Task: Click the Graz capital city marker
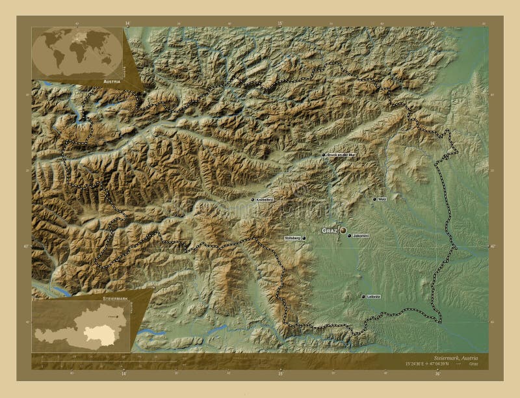pyautogui.click(x=343, y=230)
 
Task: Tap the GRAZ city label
pyautogui.click(x=330, y=231)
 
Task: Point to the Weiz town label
pyautogui.click(x=382, y=199)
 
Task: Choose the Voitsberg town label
pyautogui.click(x=292, y=239)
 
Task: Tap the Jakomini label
pyautogui.click(x=361, y=235)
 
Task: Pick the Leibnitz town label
pyautogui.click(x=373, y=297)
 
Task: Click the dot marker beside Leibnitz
pyautogui.click(x=363, y=297)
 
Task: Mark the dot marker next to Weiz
pyautogui.click(x=374, y=199)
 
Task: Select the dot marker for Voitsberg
pyautogui.click(x=304, y=239)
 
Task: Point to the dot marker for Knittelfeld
pyautogui.click(x=253, y=200)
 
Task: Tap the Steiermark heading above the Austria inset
pyautogui.click(x=115, y=297)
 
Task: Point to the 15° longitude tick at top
pyautogui.click(x=281, y=23)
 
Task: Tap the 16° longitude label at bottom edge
pyautogui.click(x=437, y=374)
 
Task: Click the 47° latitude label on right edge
pyautogui.click(x=492, y=246)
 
